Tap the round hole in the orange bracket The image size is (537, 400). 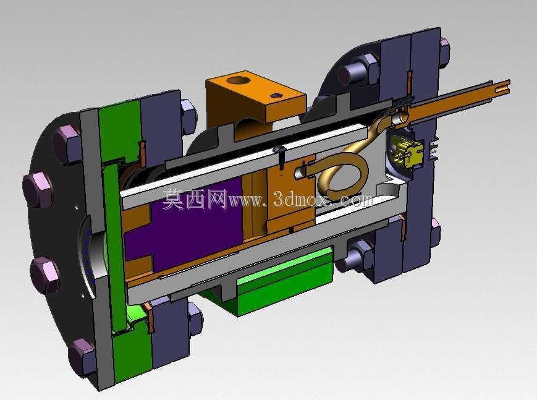(x=239, y=81)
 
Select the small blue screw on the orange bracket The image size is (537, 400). (x=276, y=95)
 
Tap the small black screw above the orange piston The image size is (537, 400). (x=281, y=158)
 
